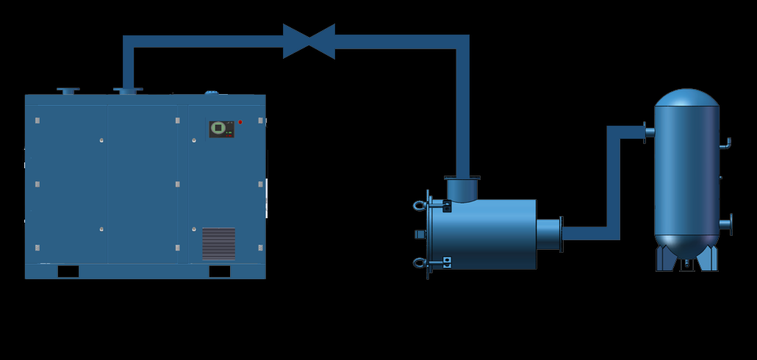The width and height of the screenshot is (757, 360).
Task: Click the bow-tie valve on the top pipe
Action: (309, 41)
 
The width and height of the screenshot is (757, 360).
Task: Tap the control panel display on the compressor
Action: (219, 128)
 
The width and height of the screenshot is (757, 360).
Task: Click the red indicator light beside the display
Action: (240, 122)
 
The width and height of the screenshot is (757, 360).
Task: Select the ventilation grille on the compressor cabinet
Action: (218, 243)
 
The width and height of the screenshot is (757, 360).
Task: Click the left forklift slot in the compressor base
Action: (68, 271)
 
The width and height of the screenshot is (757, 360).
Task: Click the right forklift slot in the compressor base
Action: (219, 271)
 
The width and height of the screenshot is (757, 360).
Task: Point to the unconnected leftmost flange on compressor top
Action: (68, 91)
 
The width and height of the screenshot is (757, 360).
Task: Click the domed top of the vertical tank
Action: (686, 98)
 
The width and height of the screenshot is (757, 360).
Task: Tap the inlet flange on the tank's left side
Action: (647, 132)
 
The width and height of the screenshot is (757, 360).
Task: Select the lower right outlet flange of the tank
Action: (727, 223)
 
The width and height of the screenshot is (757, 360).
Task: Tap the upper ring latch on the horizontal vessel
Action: (421, 206)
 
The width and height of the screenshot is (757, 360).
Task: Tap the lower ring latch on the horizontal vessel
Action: (421, 263)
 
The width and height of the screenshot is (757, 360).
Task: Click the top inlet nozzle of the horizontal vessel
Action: (462, 188)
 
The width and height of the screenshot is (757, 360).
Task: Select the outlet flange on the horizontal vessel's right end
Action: (560, 234)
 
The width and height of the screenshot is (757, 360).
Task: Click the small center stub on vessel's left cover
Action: (420, 234)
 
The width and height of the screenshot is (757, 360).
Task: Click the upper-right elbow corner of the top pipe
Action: (462, 42)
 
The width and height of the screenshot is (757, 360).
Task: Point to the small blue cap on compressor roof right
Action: (212, 93)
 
